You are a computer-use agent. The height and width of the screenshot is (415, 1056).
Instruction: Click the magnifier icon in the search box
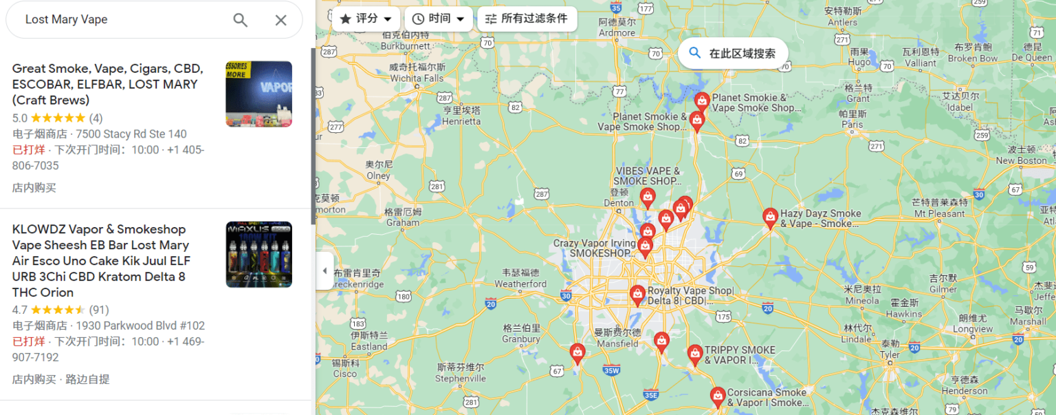pyautogui.click(x=240, y=20)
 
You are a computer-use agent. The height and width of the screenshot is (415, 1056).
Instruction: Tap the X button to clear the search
pyautogui.click(x=280, y=20)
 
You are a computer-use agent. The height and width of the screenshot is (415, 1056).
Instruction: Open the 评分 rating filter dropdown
pyautogui.click(x=366, y=19)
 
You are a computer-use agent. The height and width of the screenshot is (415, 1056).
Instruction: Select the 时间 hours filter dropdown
pyautogui.click(x=439, y=19)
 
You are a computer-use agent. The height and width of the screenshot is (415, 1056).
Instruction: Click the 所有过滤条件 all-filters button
pyautogui.click(x=527, y=19)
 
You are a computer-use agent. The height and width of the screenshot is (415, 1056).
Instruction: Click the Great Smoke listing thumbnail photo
pyautogui.click(x=258, y=94)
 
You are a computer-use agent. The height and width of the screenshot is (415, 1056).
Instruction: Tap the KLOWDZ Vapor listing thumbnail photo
pyautogui.click(x=258, y=254)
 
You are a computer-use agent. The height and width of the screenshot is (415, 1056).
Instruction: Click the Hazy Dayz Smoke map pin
pyautogui.click(x=770, y=217)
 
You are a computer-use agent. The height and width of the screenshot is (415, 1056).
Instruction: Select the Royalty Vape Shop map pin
pyautogui.click(x=637, y=295)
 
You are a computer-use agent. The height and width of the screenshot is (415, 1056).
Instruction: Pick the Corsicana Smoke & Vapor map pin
pyautogui.click(x=718, y=397)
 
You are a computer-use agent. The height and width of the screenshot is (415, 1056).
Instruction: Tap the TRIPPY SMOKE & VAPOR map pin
pyautogui.click(x=695, y=354)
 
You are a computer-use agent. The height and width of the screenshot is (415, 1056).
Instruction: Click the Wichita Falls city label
pyautogui.click(x=417, y=78)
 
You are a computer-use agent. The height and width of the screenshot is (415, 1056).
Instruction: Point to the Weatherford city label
pyautogui.click(x=520, y=284)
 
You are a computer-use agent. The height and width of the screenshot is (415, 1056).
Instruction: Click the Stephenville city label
pyautogui.click(x=461, y=378)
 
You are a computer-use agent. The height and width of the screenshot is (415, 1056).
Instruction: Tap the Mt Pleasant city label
pyautogui.click(x=939, y=213)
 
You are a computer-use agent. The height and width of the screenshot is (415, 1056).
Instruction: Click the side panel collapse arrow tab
pyautogui.click(x=324, y=270)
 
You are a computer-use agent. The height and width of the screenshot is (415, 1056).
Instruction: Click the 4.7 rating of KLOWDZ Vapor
pyautogui.click(x=20, y=310)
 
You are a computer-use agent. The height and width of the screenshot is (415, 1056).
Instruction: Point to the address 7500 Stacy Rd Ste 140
pyautogui.click(x=131, y=134)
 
